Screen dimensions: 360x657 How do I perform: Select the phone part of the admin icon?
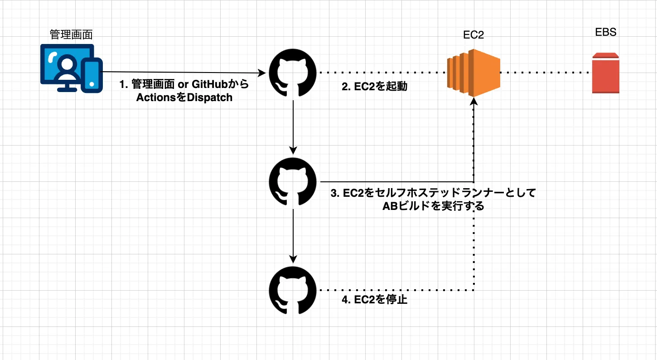coord(92,73)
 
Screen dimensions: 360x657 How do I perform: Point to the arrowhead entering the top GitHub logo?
coord(262,73)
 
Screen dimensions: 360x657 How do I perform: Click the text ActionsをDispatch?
coord(184,97)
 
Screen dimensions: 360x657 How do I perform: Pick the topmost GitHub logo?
coord(294,73)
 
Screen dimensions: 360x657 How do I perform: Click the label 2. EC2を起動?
coord(374,87)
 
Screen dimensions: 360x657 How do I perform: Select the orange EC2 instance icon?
coord(473,73)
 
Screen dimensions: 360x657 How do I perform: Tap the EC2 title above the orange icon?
coord(473,35)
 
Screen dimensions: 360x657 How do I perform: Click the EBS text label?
coord(605,33)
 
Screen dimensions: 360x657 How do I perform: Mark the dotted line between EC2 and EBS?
coord(546,73)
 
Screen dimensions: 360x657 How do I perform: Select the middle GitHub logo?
coord(294,181)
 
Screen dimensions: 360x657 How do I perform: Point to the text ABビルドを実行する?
coord(433,206)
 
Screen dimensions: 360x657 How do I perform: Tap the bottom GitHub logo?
coord(294,290)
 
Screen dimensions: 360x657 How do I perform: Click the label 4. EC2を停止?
coord(374,300)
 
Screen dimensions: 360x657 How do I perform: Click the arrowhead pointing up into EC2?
coord(474,102)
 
